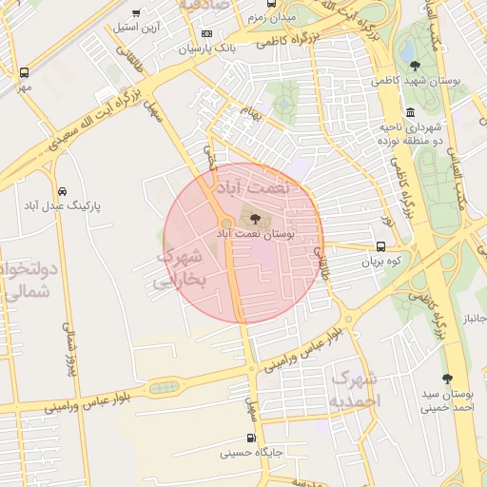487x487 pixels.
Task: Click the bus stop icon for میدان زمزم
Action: pyautogui.click(x=272, y=3)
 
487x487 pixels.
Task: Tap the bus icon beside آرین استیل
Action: pyautogui.click(x=136, y=13)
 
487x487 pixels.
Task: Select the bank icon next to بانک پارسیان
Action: pyautogui.click(x=207, y=33)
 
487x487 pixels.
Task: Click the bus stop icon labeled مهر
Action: pyautogui.click(x=24, y=72)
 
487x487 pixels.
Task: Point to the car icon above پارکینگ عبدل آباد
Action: pyautogui.click(x=63, y=190)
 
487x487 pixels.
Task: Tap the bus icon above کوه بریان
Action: pyautogui.click(x=380, y=246)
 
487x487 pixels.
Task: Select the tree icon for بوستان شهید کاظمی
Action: pyautogui.click(x=415, y=66)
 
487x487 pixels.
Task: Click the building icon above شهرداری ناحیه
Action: pyautogui.click(x=412, y=111)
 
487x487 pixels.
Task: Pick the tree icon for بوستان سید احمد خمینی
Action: pyautogui.click(x=447, y=379)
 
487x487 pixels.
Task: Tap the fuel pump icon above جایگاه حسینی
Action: pyautogui.click(x=251, y=438)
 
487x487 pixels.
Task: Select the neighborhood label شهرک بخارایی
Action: pyautogui.click(x=178, y=268)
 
